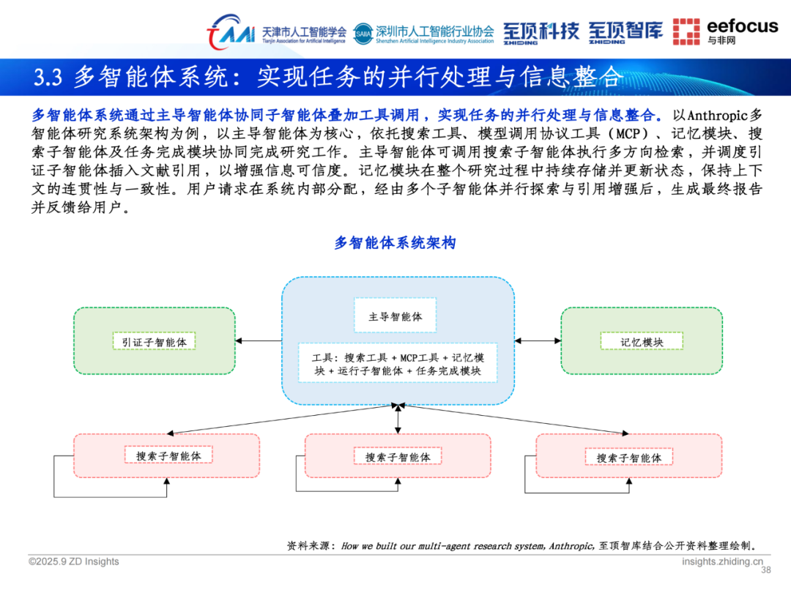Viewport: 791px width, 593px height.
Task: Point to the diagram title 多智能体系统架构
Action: (395, 242)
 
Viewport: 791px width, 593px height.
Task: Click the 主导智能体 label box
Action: (395, 316)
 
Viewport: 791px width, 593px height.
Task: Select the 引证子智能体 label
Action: (155, 341)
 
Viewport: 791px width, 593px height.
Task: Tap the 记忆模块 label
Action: (642, 341)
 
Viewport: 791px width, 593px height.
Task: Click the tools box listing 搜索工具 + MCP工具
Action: (398, 363)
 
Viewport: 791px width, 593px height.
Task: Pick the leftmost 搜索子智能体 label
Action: (168, 455)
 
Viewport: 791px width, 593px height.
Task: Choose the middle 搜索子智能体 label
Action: (398, 457)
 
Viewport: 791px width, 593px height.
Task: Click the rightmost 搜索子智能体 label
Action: (628, 458)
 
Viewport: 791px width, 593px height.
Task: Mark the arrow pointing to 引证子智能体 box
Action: (259, 340)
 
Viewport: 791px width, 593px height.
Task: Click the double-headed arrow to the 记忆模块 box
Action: (538, 340)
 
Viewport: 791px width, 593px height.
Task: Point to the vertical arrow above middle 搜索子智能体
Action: (398, 419)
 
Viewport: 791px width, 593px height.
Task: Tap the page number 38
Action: (767, 570)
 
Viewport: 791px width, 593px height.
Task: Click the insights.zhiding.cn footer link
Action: (721, 561)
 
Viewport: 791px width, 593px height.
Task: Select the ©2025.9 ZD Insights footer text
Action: (73, 562)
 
